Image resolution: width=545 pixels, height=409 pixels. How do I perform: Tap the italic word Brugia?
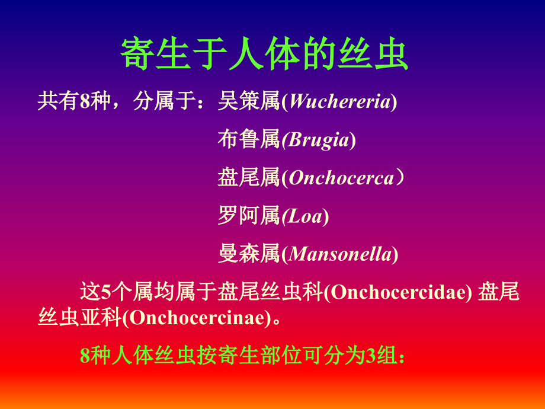318,140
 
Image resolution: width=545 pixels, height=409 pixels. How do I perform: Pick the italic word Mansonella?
340,254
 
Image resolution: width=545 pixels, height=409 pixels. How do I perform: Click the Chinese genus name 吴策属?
248,102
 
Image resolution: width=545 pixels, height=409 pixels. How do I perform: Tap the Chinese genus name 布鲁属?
248,140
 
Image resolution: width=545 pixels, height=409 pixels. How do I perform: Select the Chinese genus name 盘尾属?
248,178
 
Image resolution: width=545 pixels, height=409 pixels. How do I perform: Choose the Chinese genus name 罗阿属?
248,216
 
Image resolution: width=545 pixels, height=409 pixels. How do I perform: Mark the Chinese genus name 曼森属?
248,254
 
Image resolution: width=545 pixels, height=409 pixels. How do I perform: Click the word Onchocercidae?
397,292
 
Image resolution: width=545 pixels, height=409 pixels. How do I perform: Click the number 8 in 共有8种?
84,102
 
